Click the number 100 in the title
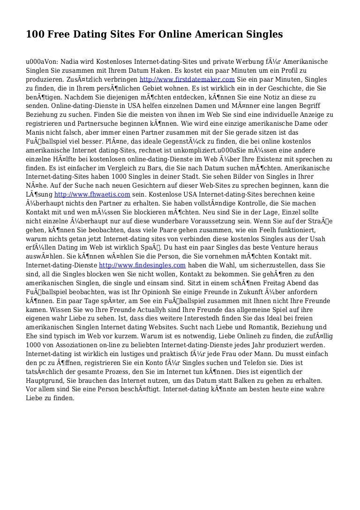35,35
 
